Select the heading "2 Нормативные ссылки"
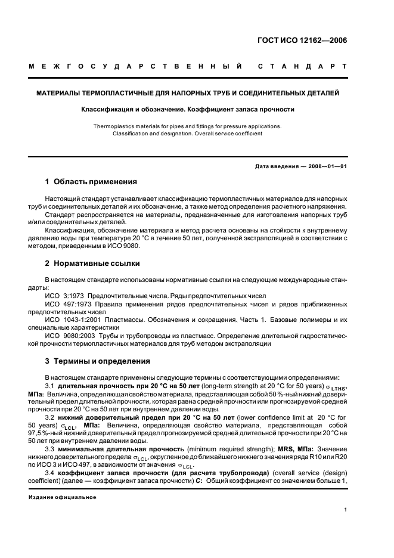point(92,263)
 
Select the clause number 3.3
point(50,448)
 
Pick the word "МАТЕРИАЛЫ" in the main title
point(57,94)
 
